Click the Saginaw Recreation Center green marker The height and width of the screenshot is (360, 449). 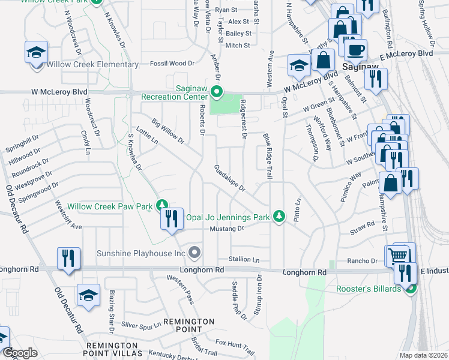217,92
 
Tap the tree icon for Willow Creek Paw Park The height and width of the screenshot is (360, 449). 161,206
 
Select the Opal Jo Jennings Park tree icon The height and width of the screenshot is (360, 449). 278,216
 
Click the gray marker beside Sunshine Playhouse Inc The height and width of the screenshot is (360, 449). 194,253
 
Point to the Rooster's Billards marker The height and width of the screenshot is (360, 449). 411,289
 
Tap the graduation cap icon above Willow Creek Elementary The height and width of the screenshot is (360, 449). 37,52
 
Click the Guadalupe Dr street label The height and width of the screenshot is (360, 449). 230,178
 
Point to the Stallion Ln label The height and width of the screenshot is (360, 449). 244,260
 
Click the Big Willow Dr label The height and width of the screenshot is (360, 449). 168,131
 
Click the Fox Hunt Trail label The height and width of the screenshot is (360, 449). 235,347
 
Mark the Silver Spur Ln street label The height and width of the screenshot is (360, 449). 141,325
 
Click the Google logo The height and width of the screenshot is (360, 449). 20,353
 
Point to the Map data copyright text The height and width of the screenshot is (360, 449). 423,355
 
